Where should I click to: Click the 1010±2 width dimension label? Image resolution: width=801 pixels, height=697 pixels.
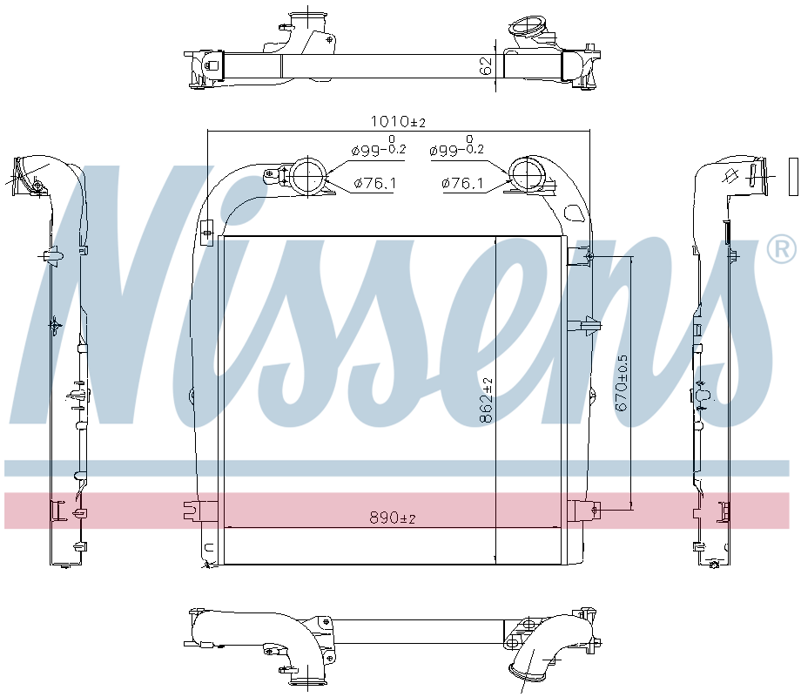point(397,122)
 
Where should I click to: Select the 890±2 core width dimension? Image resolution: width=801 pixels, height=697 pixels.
point(393,518)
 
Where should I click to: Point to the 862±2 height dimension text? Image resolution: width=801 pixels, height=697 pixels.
point(486,401)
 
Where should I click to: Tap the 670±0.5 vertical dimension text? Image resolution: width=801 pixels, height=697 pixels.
point(622,383)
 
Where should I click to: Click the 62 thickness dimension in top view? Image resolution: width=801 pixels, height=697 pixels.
point(486,66)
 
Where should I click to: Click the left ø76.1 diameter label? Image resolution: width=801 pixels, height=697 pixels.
point(374,183)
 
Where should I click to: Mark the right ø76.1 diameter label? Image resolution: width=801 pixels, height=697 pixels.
point(461,183)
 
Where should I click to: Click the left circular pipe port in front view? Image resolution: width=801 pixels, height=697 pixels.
point(308,175)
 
